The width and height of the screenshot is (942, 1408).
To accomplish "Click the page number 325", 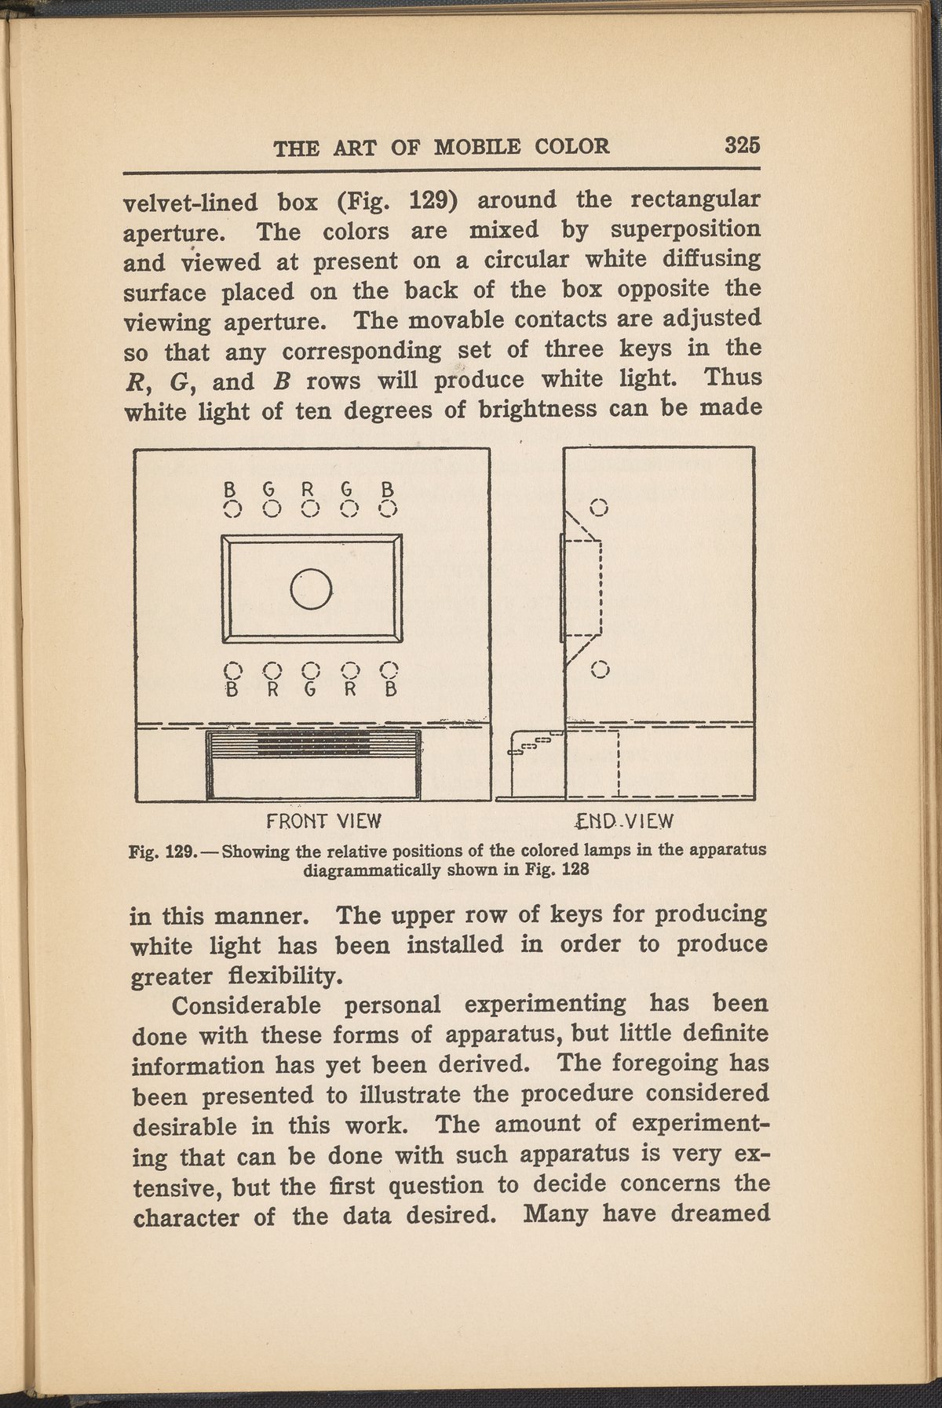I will coord(743,145).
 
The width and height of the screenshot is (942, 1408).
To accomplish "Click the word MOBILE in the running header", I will coord(478,147).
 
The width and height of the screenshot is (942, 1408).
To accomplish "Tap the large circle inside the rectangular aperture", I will coord(312,588).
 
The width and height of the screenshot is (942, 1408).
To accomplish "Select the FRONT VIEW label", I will coord(324,821).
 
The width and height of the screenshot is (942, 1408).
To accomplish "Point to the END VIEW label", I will coord(624,821).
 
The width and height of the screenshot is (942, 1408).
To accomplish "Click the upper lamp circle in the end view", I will coord(600,507).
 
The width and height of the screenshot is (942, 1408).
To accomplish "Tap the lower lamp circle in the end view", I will coord(601,669).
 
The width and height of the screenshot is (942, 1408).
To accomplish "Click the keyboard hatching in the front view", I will coord(314,741).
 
